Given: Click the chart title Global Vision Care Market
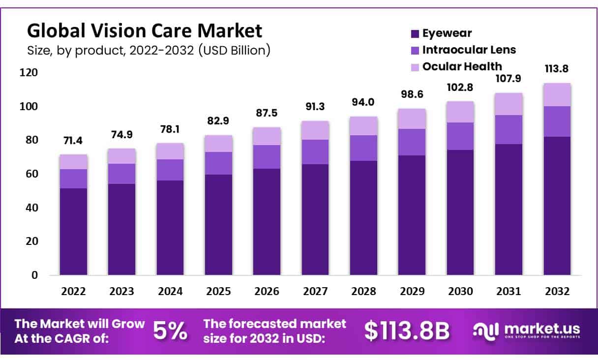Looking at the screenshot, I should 144,30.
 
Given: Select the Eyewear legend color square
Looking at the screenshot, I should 415,34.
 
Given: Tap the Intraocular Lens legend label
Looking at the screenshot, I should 469,50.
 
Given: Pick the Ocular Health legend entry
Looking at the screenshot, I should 462,66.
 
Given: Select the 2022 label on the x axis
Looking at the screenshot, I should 73,291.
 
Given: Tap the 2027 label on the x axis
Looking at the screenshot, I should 315,291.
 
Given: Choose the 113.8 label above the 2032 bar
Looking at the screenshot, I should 557,69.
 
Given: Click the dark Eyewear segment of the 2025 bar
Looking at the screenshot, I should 218,224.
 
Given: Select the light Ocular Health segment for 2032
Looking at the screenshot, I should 557,94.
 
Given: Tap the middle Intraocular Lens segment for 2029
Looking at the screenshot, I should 412,142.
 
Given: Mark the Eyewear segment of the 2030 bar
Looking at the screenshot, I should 460,212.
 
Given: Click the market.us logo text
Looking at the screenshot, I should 541,329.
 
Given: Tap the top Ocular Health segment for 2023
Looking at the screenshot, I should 121,156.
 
